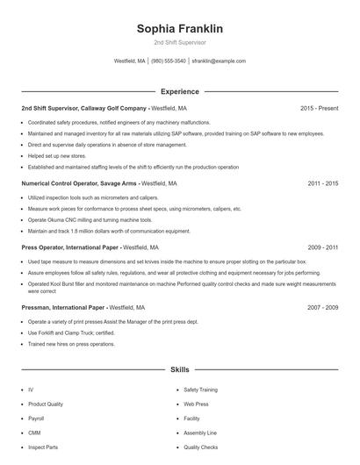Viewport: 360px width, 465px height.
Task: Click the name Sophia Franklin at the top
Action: pyautogui.click(x=179, y=29)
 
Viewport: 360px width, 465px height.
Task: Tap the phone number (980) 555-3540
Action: pyautogui.click(x=169, y=61)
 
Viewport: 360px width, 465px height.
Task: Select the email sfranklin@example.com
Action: pyautogui.click(x=219, y=61)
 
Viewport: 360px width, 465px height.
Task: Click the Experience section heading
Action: pyautogui.click(x=179, y=91)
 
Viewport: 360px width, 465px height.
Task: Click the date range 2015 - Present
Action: pyautogui.click(x=319, y=108)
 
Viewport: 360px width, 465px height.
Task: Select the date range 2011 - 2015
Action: pyautogui.click(x=322, y=184)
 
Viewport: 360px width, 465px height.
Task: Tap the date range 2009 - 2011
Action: pyautogui.click(x=322, y=248)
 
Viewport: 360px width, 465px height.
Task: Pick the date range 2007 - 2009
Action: pyautogui.click(x=322, y=308)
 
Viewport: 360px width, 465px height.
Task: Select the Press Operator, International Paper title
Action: pyautogui.click(x=71, y=248)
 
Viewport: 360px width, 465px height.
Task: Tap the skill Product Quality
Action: pyautogui.click(x=46, y=404)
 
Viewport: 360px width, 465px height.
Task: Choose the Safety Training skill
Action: pyautogui.click(x=200, y=390)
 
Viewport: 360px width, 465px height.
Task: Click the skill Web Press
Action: pyautogui.click(x=195, y=404)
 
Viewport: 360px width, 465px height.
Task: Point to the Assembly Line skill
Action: pyautogui.click(x=199, y=433)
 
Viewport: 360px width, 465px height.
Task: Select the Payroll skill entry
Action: pyautogui.click(x=37, y=418)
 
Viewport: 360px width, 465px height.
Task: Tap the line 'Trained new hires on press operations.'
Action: pyautogui.click(x=71, y=344)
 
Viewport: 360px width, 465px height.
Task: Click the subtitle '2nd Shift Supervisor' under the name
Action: pyautogui.click(x=179, y=42)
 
